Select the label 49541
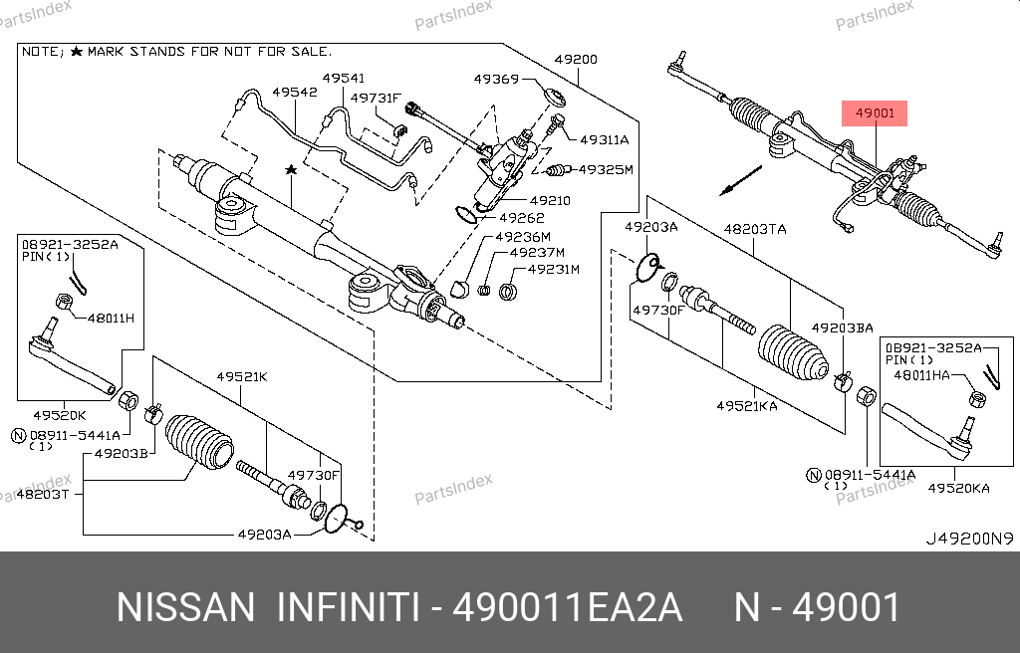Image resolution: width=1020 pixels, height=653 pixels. (344, 78)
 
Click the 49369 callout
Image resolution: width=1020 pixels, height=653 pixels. (495, 79)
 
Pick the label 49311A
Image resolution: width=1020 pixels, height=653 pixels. (605, 139)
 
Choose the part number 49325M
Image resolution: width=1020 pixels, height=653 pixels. (606, 170)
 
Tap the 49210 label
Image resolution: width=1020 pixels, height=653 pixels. (549, 200)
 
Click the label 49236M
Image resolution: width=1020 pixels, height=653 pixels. (525, 237)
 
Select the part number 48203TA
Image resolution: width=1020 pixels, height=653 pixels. (754, 229)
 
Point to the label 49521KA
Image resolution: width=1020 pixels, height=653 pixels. (747, 405)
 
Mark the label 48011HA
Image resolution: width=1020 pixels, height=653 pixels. (921, 374)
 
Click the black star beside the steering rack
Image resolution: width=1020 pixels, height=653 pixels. (291, 171)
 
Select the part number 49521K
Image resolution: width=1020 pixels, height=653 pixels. (243, 376)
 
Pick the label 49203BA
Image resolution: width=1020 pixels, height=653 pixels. (842, 327)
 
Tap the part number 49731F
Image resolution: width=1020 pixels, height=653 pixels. (376, 98)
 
